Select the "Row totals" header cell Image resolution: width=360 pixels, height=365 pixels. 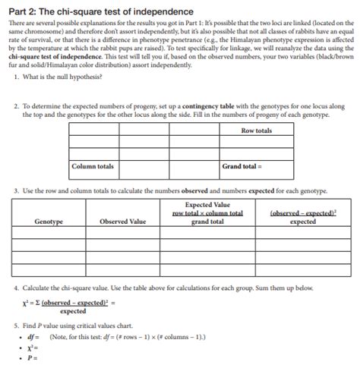(256, 131)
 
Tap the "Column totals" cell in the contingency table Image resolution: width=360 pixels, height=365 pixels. (93, 165)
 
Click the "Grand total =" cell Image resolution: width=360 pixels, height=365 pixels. (242, 165)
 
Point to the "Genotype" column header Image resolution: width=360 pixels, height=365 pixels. (48, 222)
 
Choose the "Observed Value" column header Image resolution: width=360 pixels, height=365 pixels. (123, 222)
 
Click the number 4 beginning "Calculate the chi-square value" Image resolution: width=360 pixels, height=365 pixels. (16, 288)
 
